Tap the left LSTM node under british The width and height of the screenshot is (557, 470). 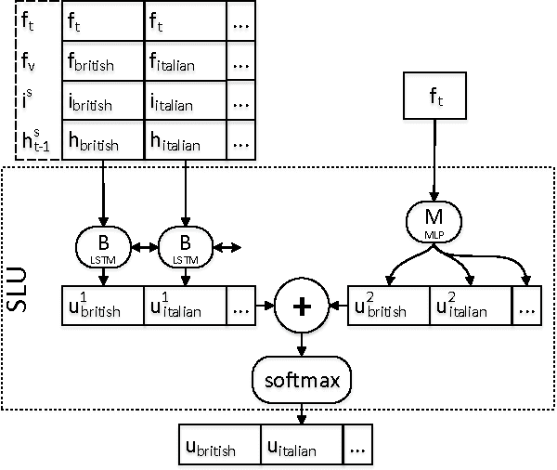99,246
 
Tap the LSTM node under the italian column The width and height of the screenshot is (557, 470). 184,246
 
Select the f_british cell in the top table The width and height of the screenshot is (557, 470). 102,62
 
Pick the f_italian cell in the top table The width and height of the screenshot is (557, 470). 186,62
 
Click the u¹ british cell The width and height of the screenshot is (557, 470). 102,305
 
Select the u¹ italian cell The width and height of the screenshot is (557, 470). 186,305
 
